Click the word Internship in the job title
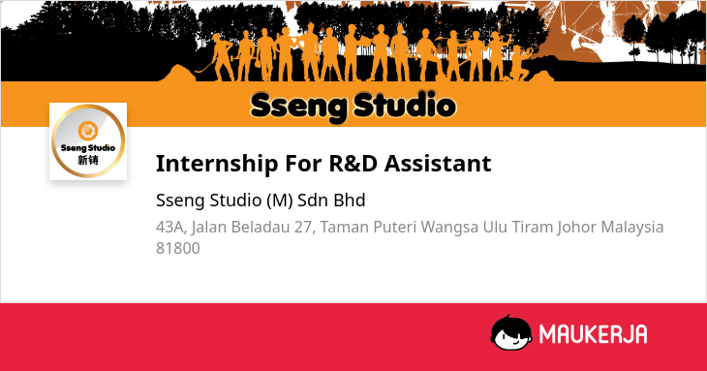217,164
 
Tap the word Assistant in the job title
438,163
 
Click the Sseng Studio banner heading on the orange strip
353,107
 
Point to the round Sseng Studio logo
88,141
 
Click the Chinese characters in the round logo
88,160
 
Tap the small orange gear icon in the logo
88,131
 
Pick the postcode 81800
177,248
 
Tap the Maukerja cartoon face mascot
510,333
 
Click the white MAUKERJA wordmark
593,334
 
